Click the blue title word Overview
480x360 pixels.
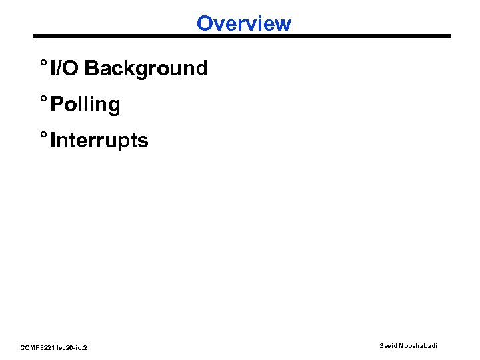(x=244, y=24)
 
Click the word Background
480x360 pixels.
(x=146, y=68)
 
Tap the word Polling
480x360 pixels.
(x=85, y=105)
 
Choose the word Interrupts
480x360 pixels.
(x=99, y=141)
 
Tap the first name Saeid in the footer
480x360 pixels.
(x=389, y=345)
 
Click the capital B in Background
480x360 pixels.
(x=91, y=68)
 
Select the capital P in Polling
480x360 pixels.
(x=57, y=105)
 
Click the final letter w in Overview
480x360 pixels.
(x=284, y=24)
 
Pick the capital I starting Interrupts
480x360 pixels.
(x=53, y=141)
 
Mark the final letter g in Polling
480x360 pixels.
(x=114, y=107)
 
